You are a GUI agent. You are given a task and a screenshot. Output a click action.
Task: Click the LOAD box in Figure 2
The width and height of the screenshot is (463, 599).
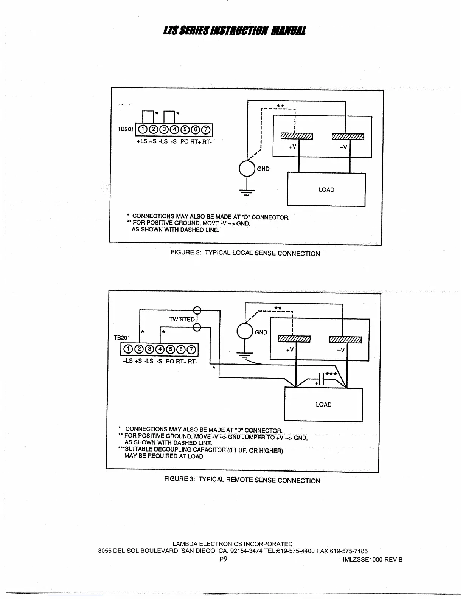click(326, 189)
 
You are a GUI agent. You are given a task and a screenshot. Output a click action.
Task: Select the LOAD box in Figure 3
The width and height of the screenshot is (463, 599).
click(323, 405)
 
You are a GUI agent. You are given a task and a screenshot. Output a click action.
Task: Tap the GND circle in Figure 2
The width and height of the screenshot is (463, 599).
click(247, 168)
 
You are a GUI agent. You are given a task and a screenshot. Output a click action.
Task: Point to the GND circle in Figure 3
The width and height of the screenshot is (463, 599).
click(245, 332)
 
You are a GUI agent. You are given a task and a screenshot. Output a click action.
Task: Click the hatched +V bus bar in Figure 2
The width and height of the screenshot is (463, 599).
click(297, 137)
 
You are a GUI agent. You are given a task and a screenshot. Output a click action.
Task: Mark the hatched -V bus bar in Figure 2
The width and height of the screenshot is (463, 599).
click(348, 137)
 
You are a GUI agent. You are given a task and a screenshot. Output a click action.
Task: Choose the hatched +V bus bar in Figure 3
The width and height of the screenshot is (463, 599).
click(294, 339)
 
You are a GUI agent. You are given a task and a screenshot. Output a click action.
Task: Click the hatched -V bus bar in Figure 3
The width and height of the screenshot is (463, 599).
click(345, 339)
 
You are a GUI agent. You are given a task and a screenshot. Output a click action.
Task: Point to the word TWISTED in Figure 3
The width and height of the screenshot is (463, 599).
click(182, 319)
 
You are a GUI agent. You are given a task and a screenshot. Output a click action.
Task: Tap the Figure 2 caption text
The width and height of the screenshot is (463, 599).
click(245, 253)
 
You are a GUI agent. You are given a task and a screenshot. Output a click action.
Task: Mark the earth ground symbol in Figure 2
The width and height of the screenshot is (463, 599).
click(247, 192)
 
